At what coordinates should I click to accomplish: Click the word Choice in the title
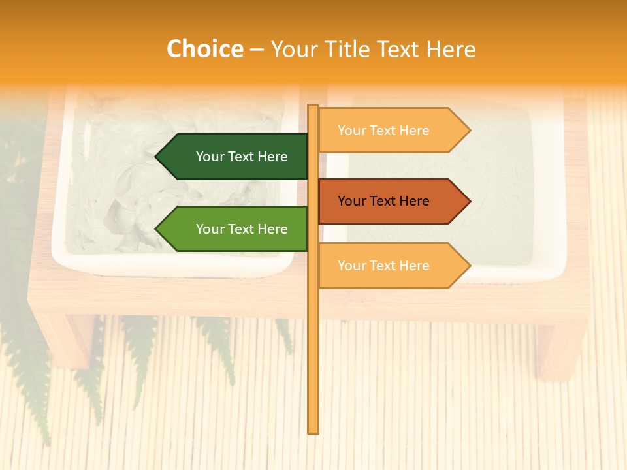(204, 49)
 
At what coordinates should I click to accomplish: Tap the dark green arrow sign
(235, 157)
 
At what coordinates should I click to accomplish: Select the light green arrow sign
(235, 229)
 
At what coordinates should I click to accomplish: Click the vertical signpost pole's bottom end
(313, 431)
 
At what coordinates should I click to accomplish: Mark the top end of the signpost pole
(313, 106)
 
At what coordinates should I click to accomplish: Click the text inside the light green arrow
(242, 229)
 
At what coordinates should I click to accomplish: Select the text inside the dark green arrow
(242, 157)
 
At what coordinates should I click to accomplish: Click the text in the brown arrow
(383, 201)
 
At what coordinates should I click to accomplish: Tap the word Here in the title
(451, 49)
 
